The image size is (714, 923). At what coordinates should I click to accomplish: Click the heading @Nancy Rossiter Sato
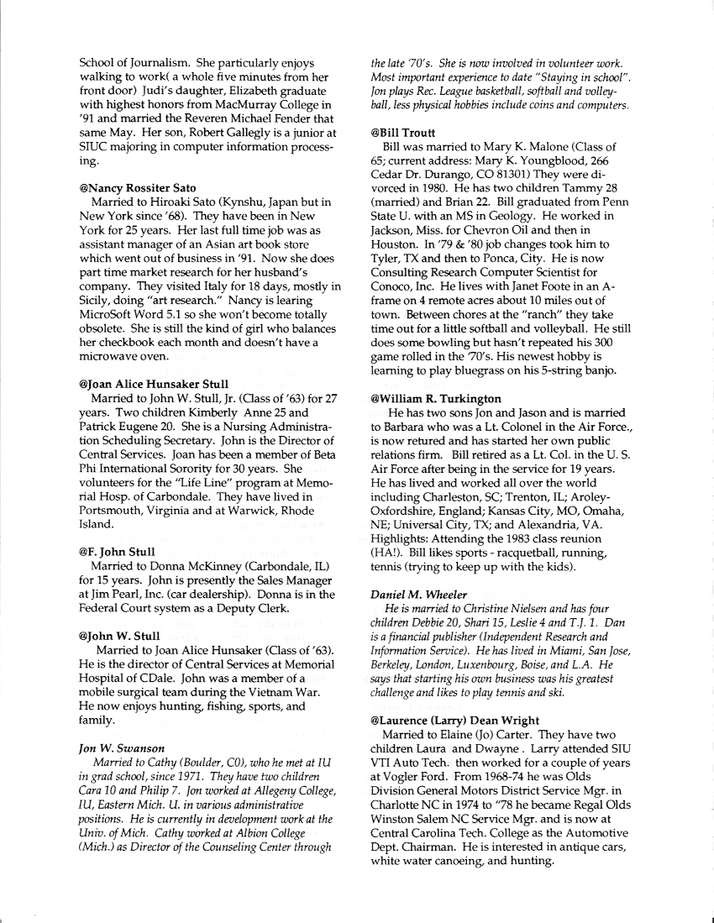pyautogui.click(x=137, y=188)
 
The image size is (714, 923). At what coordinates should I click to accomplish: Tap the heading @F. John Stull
pyautogui.click(x=117, y=552)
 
